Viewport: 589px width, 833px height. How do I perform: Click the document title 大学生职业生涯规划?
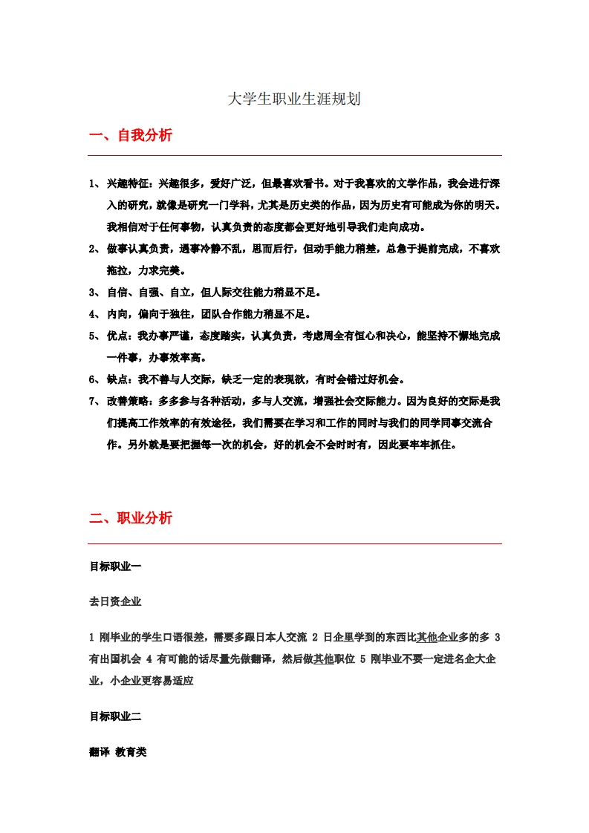pos(294,99)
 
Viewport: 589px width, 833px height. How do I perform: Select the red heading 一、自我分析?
pos(131,135)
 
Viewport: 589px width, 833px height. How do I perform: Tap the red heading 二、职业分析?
pos(131,518)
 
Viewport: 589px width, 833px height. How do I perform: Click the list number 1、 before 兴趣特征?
pos(94,183)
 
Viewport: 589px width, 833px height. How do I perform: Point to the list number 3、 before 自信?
pos(94,292)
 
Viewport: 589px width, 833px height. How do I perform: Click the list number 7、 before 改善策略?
pos(94,401)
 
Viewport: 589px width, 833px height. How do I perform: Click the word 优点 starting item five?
pos(118,336)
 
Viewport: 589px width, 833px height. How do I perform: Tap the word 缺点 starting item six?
pos(118,379)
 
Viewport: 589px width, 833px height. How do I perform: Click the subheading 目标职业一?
pos(115,566)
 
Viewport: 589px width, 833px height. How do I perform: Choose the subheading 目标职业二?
pos(115,716)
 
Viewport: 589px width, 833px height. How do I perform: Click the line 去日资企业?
pos(115,601)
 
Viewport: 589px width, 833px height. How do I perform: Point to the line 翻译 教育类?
pos(118,752)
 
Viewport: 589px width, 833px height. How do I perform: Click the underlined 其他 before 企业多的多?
pos(426,637)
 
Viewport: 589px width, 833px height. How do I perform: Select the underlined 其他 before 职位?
pos(323,659)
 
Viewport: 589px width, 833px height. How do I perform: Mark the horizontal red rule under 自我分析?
pos(295,155)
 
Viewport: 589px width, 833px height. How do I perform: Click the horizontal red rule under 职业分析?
pos(295,543)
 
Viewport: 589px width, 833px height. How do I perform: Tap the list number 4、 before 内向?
pos(94,314)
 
